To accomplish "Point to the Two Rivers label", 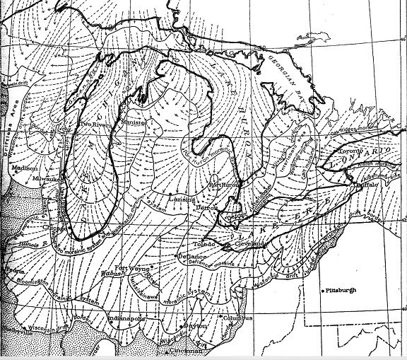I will pos(95,124).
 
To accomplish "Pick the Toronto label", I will pos(346,151).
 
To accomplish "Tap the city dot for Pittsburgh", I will pos(322,291).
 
